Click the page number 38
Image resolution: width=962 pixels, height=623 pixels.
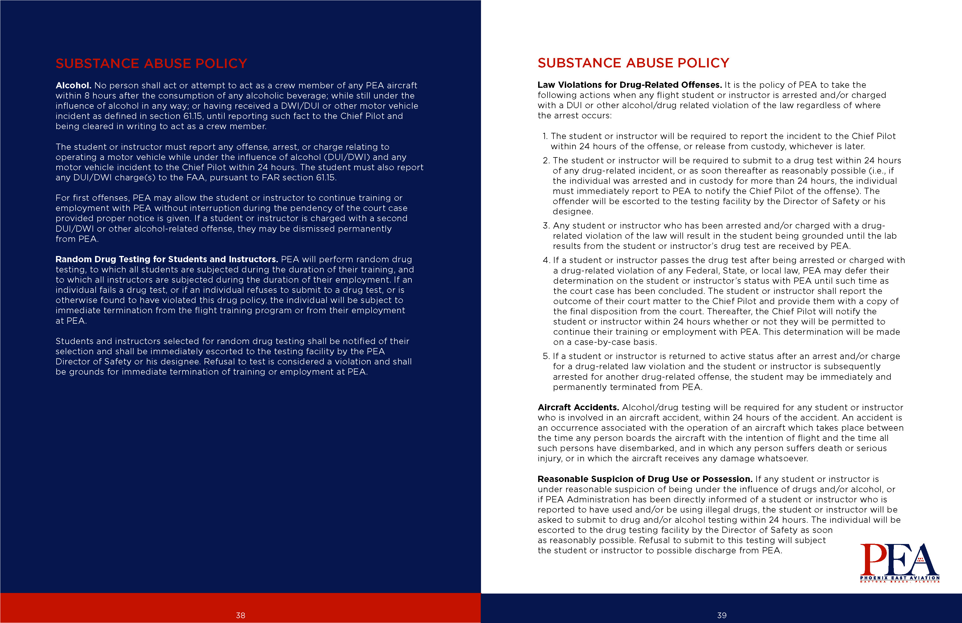[240, 615]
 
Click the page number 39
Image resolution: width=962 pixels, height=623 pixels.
[721, 615]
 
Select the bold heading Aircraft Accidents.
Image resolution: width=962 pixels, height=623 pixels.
[578, 407]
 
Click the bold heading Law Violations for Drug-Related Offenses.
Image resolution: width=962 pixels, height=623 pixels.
[629, 85]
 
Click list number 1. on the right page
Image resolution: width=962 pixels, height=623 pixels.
[545, 136]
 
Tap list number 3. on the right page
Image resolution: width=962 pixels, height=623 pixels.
[546, 226]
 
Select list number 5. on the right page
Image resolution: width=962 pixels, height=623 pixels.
[546, 357]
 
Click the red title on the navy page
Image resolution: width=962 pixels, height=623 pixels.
[151, 63]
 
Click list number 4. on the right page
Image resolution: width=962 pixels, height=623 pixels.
[546, 260]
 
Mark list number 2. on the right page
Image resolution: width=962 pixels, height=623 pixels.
[546, 161]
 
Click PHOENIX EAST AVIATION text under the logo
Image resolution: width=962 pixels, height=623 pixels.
[899, 578]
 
